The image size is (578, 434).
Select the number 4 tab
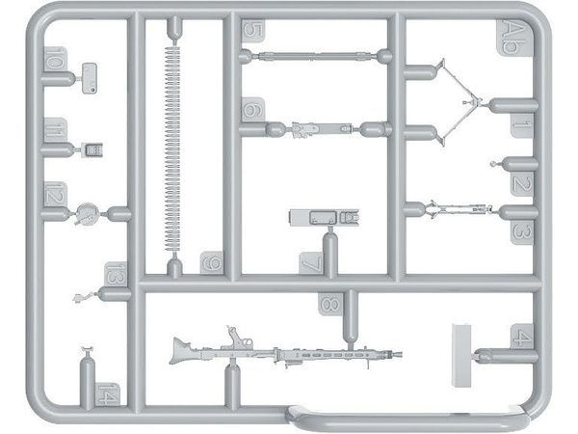pos(522,338)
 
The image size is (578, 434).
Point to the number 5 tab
pos(252,30)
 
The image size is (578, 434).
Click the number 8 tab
pos(329,305)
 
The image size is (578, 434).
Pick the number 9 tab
pos(211,262)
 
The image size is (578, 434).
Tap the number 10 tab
pos(55,66)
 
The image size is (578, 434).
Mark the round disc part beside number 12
pos(88,212)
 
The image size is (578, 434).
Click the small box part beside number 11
pos(93,149)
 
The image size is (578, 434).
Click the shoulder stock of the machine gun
pos(183,349)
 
